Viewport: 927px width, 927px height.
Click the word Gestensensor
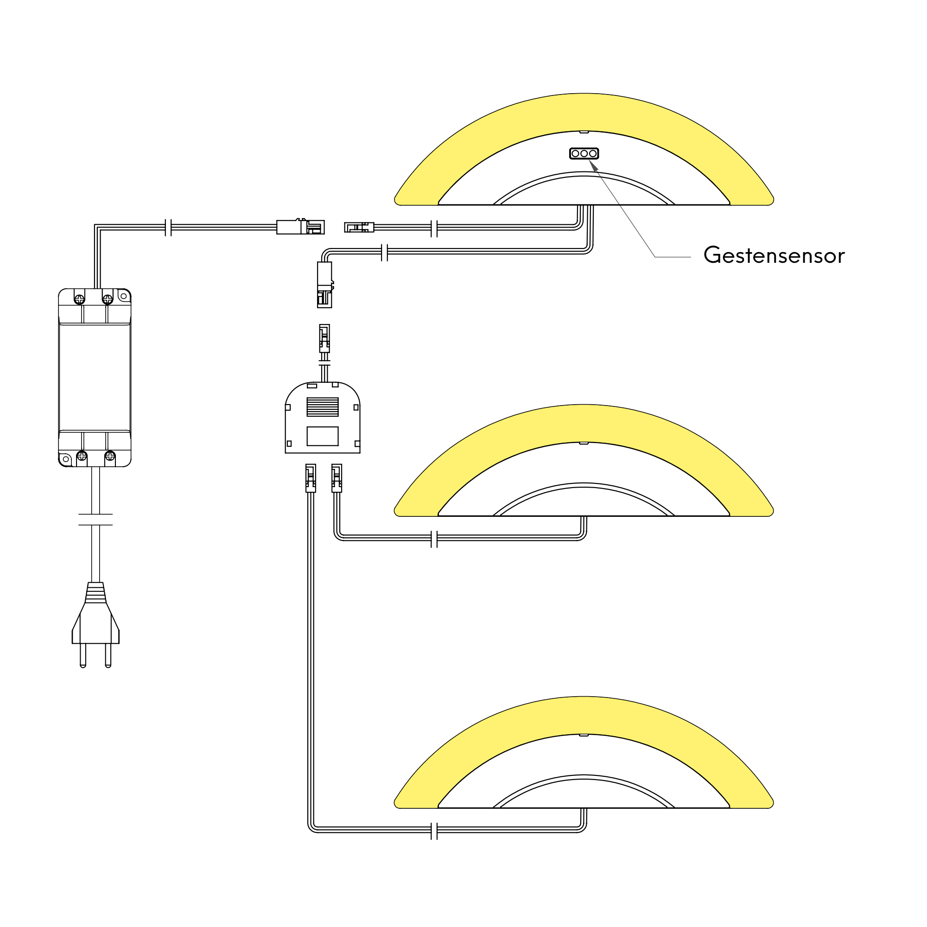774,255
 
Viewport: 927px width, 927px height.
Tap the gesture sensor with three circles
584,153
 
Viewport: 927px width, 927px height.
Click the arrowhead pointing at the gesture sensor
594,165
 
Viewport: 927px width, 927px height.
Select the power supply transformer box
95,378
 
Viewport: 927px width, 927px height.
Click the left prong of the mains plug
83,655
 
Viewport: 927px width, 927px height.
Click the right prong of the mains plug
108,655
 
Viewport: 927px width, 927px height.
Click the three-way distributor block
323,418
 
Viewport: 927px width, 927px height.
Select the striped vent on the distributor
323,407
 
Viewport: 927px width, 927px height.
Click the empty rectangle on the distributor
323,436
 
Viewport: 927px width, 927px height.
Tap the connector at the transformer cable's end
300,227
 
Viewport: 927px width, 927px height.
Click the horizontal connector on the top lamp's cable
359,227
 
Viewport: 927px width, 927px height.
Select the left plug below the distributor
311,478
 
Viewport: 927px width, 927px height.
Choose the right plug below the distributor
337,478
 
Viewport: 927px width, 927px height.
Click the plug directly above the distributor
324,339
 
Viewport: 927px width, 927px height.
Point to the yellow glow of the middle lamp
584,423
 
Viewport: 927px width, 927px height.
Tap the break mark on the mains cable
95,520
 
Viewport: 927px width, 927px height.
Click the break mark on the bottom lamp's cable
434,831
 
